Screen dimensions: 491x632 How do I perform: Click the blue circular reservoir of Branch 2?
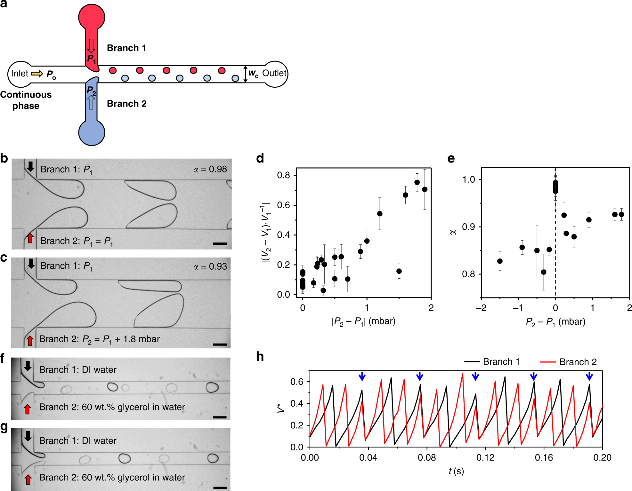pos(92,132)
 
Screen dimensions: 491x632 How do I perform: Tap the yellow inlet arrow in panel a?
pos(37,74)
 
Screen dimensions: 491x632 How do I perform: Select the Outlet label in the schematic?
pos(274,73)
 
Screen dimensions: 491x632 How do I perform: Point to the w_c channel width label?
pos(253,74)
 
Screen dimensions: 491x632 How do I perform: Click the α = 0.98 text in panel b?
pos(210,169)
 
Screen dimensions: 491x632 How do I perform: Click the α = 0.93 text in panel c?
pos(210,266)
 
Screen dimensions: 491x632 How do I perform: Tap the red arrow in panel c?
pos(30,340)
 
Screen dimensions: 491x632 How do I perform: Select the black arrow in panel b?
pos(30,166)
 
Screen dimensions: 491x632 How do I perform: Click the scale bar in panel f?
pos(220,417)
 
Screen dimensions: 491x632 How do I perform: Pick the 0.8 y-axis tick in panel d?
pos(284,175)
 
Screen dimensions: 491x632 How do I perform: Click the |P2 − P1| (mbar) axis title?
pos(363,321)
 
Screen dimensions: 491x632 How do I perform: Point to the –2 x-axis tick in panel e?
pos(481,308)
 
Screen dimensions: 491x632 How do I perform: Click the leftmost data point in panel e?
pos(500,261)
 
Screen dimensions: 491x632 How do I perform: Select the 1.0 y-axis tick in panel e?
pos(469,179)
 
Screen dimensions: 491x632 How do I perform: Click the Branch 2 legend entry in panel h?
pos(569,362)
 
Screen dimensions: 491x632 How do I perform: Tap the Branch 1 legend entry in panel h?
pos(492,362)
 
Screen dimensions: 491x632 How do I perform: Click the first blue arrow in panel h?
pos(362,376)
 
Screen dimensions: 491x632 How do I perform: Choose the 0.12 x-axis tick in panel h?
pos(485,458)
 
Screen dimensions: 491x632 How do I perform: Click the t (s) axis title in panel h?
pos(456,471)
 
